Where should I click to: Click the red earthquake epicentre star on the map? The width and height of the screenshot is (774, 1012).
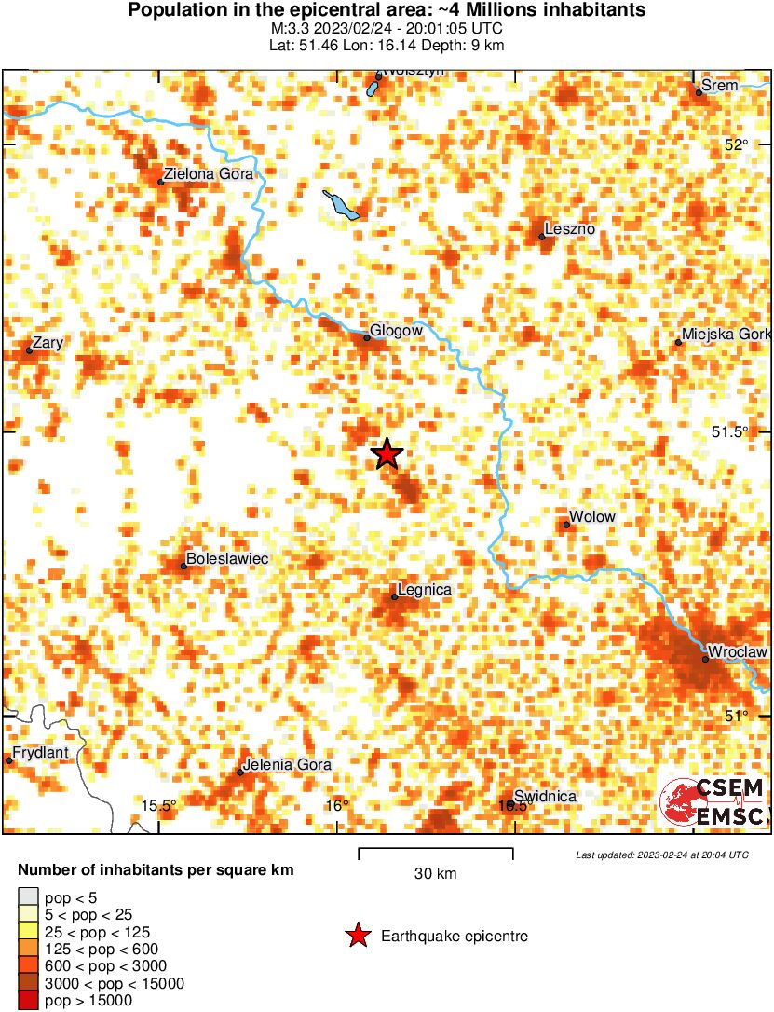pyautogui.click(x=387, y=454)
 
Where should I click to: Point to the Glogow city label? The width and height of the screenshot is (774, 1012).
pyautogui.click(x=396, y=330)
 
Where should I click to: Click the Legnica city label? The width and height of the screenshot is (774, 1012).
pyautogui.click(x=424, y=589)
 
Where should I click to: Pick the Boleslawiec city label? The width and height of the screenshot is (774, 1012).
pyautogui.click(x=227, y=558)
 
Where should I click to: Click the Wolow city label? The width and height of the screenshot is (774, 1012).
pyautogui.click(x=592, y=517)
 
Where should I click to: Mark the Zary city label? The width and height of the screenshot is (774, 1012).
pyautogui.click(x=48, y=343)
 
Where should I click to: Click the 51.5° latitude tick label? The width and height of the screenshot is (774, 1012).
pyautogui.click(x=729, y=431)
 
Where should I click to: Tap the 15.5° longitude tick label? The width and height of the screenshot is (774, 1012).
pyautogui.click(x=159, y=805)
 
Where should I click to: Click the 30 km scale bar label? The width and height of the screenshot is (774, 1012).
pyautogui.click(x=435, y=873)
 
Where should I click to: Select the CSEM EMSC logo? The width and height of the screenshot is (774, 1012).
pyautogui.click(x=713, y=802)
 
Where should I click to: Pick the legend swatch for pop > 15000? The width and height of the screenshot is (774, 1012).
pyautogui.click(x=28, y=1000)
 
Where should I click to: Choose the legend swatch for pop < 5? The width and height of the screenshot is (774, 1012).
pyautogui.click(x=28, y=897)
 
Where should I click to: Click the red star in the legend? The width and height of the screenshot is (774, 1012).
pyautogui.click(x=357, y=936)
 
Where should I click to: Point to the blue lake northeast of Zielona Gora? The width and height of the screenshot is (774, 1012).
pyautogui.click(x=342, y=206)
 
